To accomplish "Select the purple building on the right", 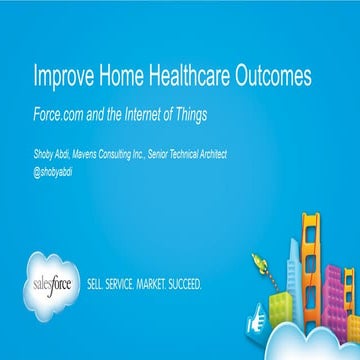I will (350, 291).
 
